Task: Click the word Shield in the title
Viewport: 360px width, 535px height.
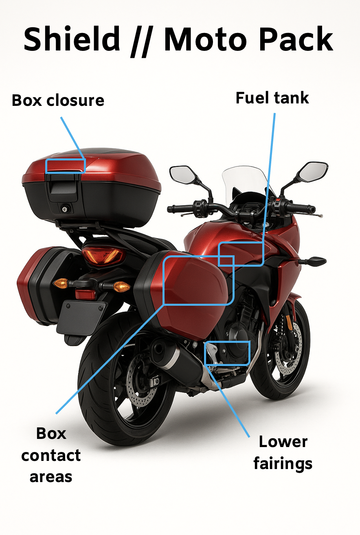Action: tap(72, 39)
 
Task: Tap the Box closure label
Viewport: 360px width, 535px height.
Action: tap(58, 100)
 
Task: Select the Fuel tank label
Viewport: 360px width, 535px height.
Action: tap(272, 98)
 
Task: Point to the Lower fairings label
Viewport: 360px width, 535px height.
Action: tap(283, 453)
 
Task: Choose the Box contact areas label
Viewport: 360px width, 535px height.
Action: tap(51, 455)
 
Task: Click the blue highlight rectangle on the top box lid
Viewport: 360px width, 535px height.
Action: tap(65, 166)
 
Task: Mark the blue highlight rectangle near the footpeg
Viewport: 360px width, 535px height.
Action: tap(227, 353)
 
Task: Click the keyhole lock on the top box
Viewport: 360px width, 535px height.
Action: tap(65, 209)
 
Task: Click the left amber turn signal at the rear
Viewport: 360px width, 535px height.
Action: tap(60, 283)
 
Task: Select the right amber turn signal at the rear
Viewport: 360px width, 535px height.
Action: tap(121, 287)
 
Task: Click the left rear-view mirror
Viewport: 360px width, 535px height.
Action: tap(183, 174)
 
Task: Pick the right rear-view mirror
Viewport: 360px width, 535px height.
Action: tap(314, 172)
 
